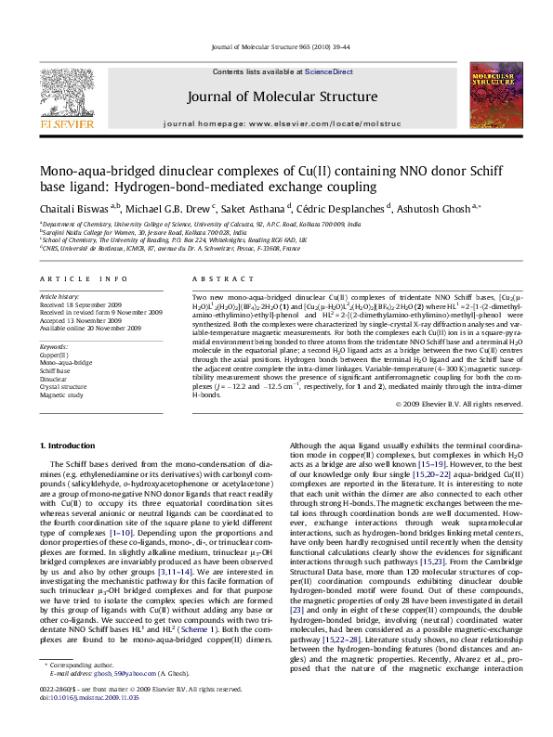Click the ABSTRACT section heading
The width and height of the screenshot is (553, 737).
[216, 278]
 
